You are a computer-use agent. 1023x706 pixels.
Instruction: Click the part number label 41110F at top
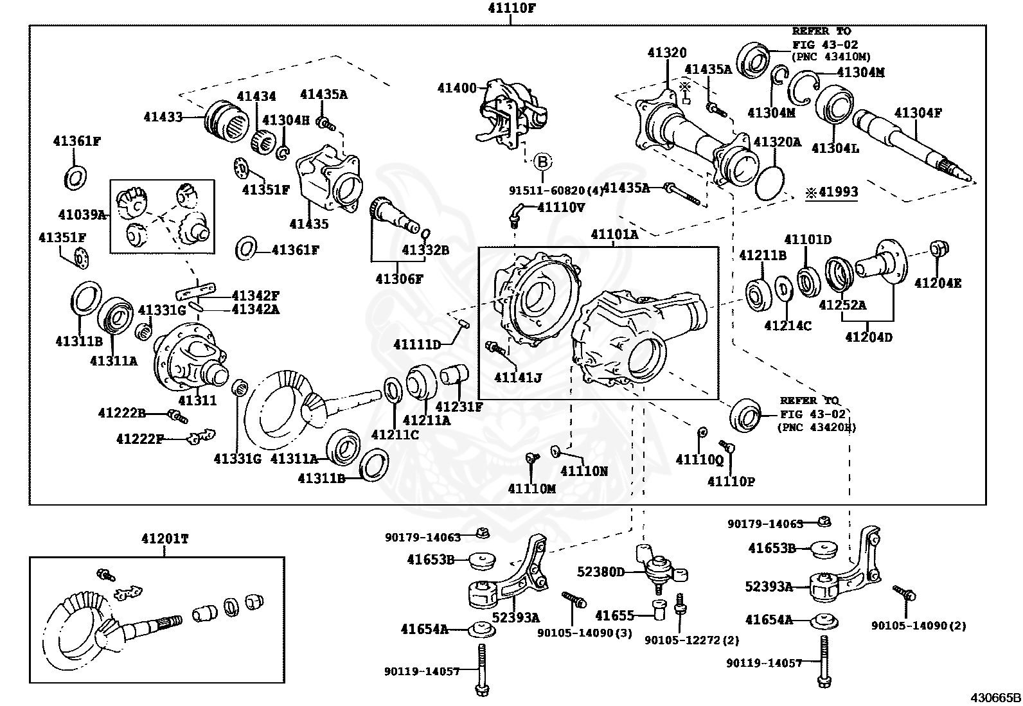tap(511, 8)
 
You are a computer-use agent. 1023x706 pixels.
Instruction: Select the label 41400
tap(457, 88)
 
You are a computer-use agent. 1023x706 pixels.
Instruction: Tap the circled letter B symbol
tap(542, 161)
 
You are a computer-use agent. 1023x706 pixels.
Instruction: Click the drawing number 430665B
tap(995, 698)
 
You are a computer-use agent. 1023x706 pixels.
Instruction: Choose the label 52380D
tap(601, 571)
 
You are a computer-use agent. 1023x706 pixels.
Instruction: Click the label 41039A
tap(82, 215)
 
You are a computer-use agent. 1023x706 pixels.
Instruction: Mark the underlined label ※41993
tap(832, 192)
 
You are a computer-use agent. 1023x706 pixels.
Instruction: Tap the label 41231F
tap(459, 406)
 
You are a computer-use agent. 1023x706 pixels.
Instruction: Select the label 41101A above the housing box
tap(614, 234)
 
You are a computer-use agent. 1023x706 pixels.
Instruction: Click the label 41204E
tap(938, 282)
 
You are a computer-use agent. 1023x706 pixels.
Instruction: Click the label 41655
tap(614, 615)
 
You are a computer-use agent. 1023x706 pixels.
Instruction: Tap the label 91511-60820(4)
tap(556, 190)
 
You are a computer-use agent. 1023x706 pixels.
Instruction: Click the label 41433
tap(163, 117)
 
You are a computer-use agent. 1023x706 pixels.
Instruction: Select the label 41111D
tap(417, 345)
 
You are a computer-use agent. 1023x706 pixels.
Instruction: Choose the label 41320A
tap(777, 142)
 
